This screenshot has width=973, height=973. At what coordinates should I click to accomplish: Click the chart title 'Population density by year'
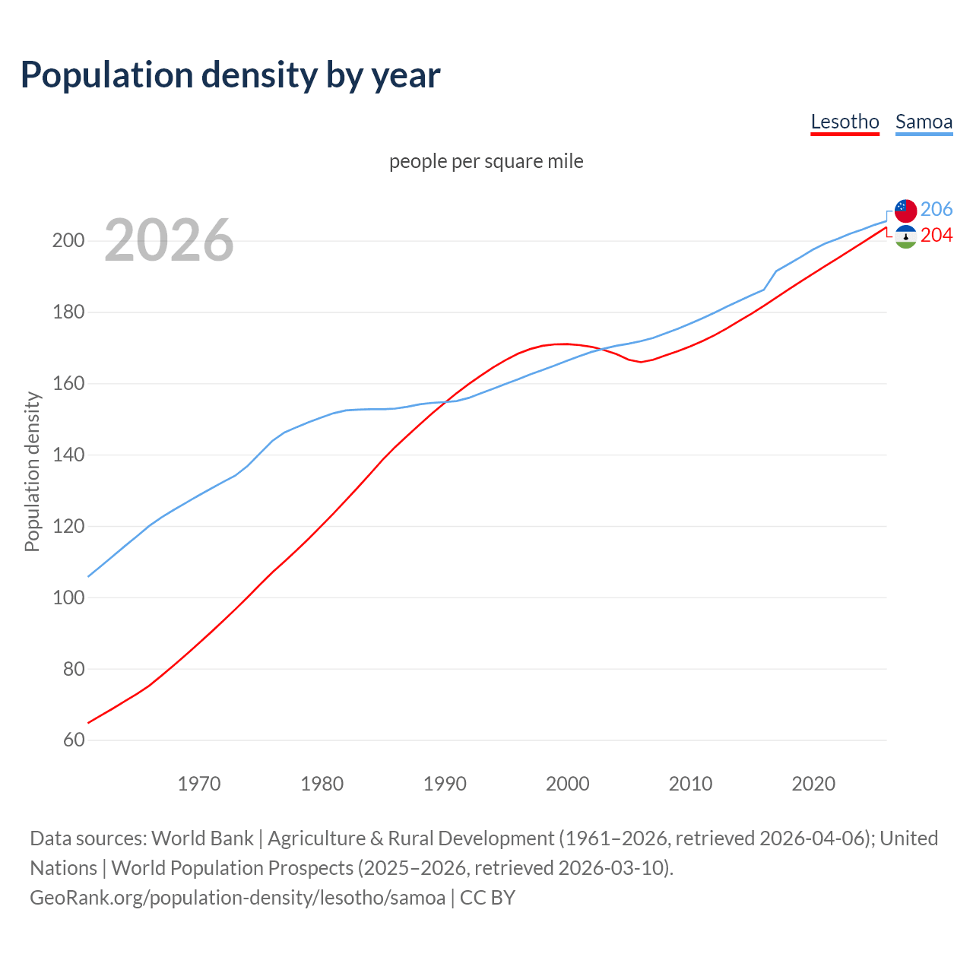230,75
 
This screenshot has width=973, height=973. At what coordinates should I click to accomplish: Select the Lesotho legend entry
845,122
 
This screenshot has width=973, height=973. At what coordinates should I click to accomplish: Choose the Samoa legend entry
924,122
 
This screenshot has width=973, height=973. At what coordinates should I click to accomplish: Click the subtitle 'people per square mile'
486,161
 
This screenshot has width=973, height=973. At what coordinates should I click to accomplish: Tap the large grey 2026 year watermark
169,240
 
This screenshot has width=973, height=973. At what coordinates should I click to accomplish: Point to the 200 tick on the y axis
68,241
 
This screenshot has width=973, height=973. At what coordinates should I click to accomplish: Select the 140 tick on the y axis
68,455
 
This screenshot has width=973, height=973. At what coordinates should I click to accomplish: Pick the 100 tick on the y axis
68,598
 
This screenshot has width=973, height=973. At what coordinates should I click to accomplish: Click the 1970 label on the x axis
199,784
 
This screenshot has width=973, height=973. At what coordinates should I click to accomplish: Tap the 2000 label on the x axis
568,784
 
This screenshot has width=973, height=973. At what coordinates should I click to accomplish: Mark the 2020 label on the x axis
813,784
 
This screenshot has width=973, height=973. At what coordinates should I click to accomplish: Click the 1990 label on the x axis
445,784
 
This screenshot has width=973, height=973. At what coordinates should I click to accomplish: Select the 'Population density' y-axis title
32,471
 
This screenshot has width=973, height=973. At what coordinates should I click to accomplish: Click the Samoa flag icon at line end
905,211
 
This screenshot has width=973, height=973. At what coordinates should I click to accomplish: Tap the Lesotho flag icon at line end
905,237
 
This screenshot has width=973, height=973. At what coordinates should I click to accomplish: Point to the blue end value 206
937,209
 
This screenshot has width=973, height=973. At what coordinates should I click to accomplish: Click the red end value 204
937,236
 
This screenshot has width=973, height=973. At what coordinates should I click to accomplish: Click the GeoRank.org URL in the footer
237,898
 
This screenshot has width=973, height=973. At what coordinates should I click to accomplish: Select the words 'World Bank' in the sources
202,838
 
